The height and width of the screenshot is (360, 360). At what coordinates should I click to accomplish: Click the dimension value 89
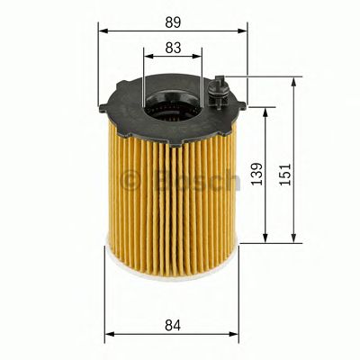(172, 17)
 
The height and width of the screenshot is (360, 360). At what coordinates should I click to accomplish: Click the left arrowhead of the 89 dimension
(102, 30)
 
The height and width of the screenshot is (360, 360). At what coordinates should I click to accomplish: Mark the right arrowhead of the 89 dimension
(243, 30)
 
